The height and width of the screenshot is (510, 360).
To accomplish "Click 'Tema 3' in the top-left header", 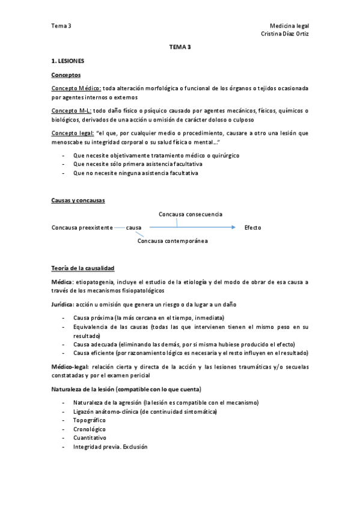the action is point(61,26).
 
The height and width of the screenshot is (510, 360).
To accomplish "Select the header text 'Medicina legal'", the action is point(290,26).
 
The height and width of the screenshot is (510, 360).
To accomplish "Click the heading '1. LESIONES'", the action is point(68,61).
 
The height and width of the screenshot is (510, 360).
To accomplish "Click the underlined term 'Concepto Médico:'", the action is point(76,88).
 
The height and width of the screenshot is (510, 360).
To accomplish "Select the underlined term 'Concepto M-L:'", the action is point(72,111).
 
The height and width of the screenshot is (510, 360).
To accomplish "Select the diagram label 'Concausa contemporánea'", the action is point(173,241).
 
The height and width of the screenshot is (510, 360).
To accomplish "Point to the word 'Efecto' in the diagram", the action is point(253,228).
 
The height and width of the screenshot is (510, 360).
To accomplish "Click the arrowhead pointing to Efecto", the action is point(232,228).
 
